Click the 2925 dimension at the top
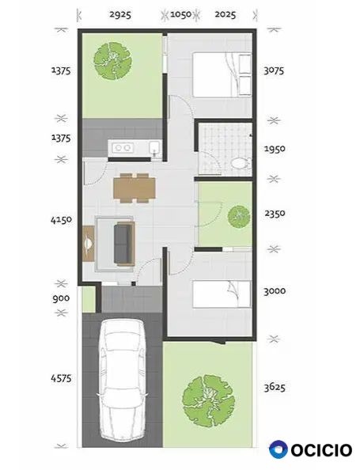click(x=120, y=14)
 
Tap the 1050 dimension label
click(x=180, y=14)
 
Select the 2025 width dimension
click(x=225, y=14)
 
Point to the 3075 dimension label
click(x=274, y=70)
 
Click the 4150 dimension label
click(x=62, y=220)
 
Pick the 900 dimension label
click(x=61, y=298)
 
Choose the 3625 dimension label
click(x=275, y=387)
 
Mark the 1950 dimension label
click(x=275, y=149)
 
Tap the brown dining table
click(x=135, y=188)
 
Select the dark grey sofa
click(x=124, y=244)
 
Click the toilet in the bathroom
click(x=240, y=164)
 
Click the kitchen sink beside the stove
click(x=155, y=148)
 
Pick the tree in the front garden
click(x=209, y=400)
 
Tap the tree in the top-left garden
click(x=112, y=61)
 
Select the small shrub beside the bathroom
click(x=239, y=217)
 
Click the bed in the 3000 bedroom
click(x=222, y=294)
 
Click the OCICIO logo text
click(x=321, y=450)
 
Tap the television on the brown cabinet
click(x=88, y=244)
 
